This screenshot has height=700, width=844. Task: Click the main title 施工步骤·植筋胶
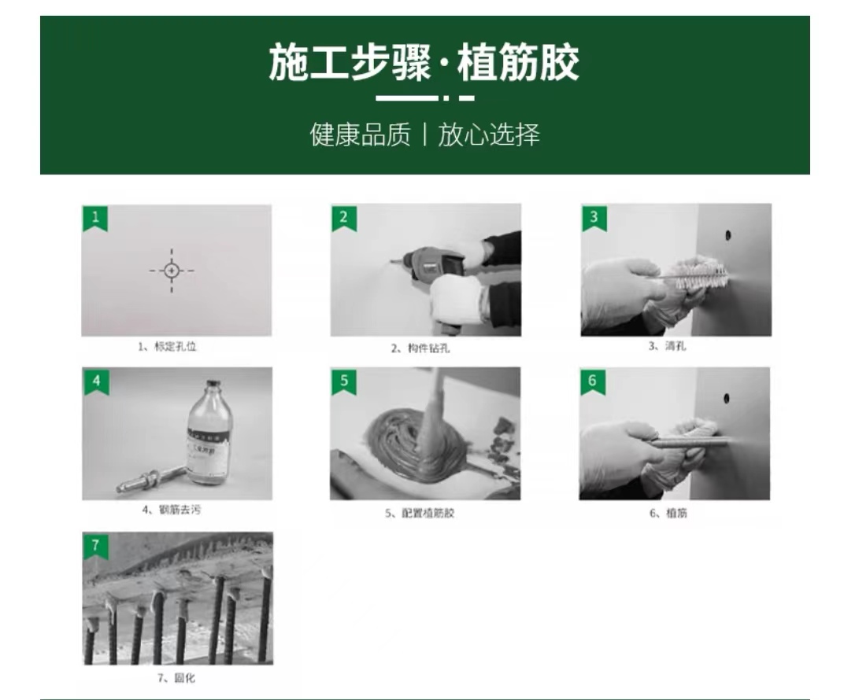pyautogui.click(x=424, y=64)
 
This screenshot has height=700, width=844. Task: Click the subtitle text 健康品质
pyautogui.click(x=360, y=134)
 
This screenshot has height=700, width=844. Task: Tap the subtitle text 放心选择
pyautogui.click(x=489, y=134)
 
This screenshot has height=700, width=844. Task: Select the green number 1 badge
pyautogui.click(x=95, y=218)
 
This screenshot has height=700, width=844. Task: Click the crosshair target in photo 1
pyautogui.click(x=172, y=270)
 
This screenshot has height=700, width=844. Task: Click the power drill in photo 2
pyautogui.click(x=431, y=263)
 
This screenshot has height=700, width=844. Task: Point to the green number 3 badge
pyautogui.click(x=594, y=218)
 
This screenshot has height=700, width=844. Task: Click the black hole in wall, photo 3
pyautogui.click(x=727, y=234)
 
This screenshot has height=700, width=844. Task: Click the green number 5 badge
pyautogui.click(x=343, y=381)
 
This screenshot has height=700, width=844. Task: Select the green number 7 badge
pyautogui.click(x=95, y=545)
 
